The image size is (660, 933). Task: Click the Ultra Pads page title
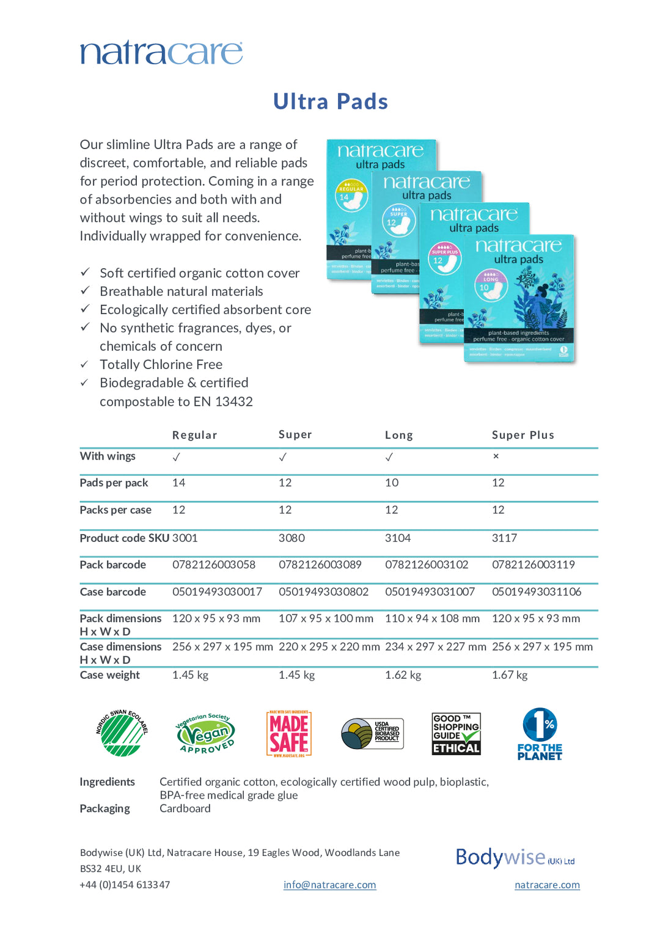tap(330, 101)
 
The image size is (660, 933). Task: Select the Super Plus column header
tap(522, 435)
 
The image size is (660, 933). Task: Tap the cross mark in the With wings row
tap(496, 456)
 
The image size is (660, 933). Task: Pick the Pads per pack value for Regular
tap(178, 483)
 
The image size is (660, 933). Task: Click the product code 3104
tap(397, 538)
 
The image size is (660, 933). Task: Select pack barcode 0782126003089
tap(320, 565)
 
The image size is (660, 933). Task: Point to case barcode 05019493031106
tap(536, 591)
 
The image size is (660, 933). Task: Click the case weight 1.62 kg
tap(403, 675)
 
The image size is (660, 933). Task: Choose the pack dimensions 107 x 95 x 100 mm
tap(326, 618)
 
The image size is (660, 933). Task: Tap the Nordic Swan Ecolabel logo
tap(122, 733)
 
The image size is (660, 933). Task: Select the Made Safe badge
tap(289, 734)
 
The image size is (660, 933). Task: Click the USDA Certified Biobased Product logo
tap(372, 734)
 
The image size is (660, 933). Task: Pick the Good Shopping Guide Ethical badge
tap(456, 734)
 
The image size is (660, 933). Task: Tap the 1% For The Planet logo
tap(540, 734)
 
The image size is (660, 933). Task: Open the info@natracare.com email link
tap(329, 885)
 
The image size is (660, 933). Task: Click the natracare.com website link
tap(547, 885)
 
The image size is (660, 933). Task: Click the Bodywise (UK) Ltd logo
tap(515, 858)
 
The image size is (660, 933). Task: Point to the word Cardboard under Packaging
tap(185, 808)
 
